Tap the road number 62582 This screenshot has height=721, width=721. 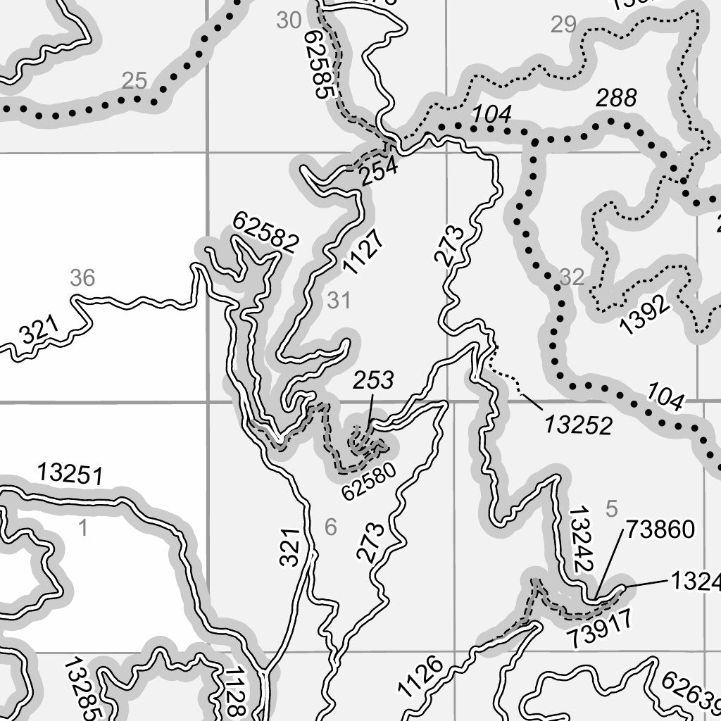click(265, 233)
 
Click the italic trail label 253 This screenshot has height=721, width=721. click(373, 381)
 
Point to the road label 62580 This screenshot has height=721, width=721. click(369, 481)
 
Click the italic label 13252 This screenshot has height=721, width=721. click(577, 425)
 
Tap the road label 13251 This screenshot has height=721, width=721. click(70, 474)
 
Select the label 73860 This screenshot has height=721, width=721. click(660, 529)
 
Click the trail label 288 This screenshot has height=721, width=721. click(616, 98)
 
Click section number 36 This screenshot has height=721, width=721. click(82, 278)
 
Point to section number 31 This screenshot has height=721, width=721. click(339, 301)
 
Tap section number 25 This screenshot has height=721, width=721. click(134, 81)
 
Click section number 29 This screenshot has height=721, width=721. click(563, 25)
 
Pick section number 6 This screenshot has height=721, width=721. click(331, 527)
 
